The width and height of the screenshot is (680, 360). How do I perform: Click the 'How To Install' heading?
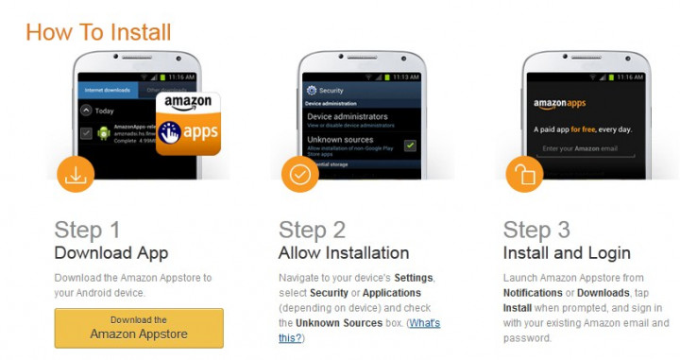click(98, 31)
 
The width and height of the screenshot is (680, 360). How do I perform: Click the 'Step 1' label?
click(87, 230)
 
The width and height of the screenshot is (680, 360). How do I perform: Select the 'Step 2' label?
click(312, 230)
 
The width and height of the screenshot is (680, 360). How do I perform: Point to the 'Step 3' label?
click(536, 230)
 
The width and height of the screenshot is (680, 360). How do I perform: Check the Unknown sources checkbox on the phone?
click(409, 145)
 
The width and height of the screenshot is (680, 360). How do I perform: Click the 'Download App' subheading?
click(111, 253)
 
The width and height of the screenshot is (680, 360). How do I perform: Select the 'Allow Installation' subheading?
click(344, 253)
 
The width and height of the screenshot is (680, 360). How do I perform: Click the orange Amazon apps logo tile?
click(187, 122)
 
